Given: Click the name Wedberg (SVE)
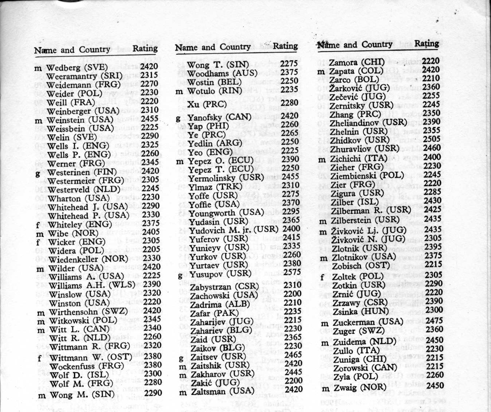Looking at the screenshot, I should [x=77, y=68].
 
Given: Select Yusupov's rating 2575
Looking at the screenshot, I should [x=292, y=272].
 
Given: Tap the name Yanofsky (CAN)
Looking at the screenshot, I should [x=219, y=117].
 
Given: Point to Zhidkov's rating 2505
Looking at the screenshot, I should [x=432, y=139].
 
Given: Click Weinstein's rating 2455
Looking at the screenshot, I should [x=149, y=119].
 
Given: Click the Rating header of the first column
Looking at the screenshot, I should [x=145, y=48].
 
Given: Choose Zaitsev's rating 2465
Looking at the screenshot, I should [x=293, y=355].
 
